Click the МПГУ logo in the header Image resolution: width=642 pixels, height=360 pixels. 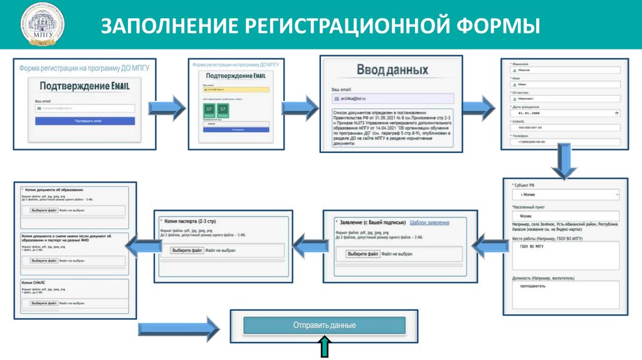pyautogui.click(x=38, y=26)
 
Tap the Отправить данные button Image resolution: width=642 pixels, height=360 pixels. pyautogui.click(x=324, y=326)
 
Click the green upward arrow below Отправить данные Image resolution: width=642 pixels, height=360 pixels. pyautogui.click(x=325, y=347)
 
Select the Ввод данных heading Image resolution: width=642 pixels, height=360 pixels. pyautogui.click(x=392, y=70)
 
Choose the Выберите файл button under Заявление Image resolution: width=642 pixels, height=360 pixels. pyautogui.click(x=364, y=254)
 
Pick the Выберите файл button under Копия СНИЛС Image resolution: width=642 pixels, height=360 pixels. pyautogui.click(x=43, y=303)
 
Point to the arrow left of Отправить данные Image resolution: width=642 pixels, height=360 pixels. pyautogui.click(x=179, y=327)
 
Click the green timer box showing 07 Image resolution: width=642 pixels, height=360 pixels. pyautogui.click(x=209, y=110)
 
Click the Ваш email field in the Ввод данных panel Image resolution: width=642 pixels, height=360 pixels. pyautogui.click(x=392, y=99)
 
